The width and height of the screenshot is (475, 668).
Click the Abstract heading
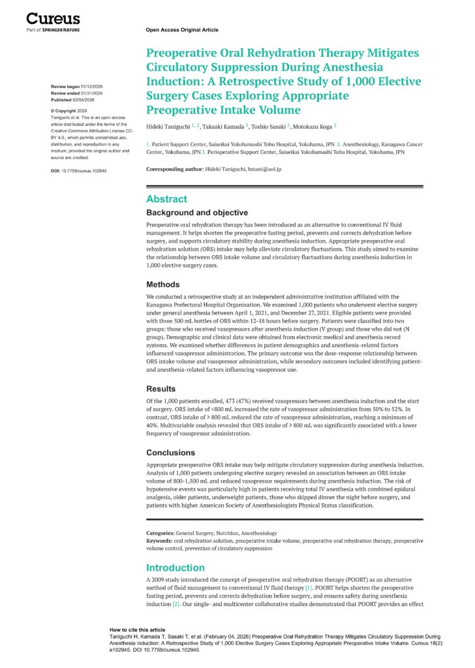(x=166, y=199)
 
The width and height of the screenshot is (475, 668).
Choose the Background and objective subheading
(x=197, y=213)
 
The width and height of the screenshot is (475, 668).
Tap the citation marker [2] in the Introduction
(x=176, y=604)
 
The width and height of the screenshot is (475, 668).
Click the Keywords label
(x=159, y=541)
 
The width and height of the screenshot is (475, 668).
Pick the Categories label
(x=161, y=533)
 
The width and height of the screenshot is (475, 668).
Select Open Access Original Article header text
(x=182, y=30)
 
